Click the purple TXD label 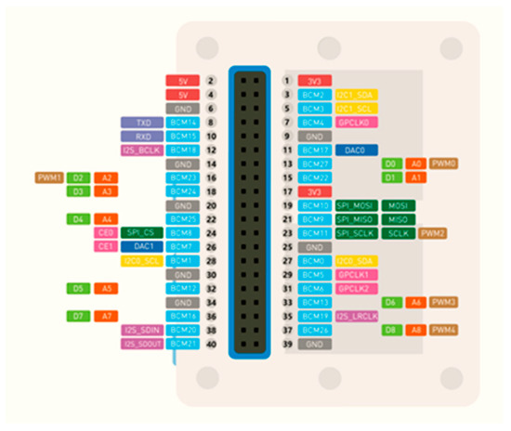pos(142,123)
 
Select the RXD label pos(142,136)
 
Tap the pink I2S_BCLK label pos(142,150)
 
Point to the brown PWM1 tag pos(48,177)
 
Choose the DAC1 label pos(142,247)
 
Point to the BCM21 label pos(182,345)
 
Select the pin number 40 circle pos(212,345)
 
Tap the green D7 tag pos(78,317)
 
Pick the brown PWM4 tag pos(444,330)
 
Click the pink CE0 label pos(106,233)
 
